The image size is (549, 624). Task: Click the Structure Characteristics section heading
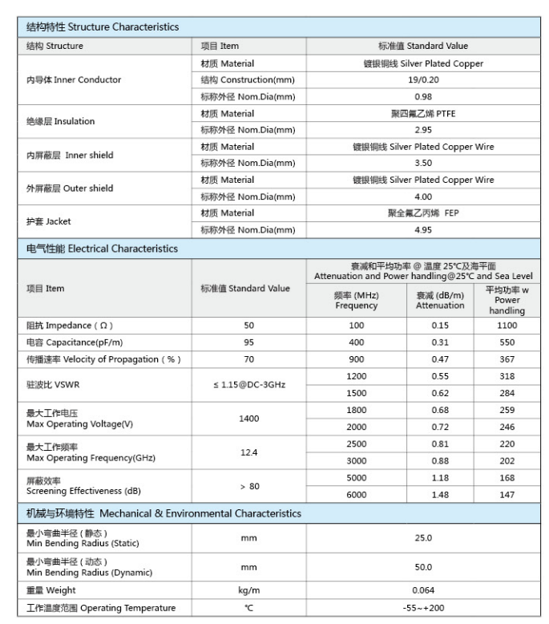coord(103,27)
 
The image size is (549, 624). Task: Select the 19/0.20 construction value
coord(423,80)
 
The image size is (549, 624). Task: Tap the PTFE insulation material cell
coord(423,114)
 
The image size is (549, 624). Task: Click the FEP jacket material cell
coord(423,213)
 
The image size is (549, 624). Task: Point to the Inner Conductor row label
coord(74,80)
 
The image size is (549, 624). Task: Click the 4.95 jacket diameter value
coord(423,230)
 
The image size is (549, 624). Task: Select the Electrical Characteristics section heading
coord(103,249)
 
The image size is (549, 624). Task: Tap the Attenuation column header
coord(440,300)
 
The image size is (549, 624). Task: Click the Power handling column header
coord(507,300)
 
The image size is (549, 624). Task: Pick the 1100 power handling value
coord(507,326)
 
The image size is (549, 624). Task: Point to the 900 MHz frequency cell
coord(356,359)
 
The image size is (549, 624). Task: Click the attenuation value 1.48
coord(440,495)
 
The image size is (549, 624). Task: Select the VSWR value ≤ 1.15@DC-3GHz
coord(249,385)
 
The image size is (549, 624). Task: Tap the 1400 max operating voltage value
coord(249,419)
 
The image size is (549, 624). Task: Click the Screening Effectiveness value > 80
coord(249,486)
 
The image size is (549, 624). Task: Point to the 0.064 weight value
coord(423,590)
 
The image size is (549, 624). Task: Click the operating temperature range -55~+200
coord(423,608)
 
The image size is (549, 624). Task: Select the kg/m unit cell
coord(249,590)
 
